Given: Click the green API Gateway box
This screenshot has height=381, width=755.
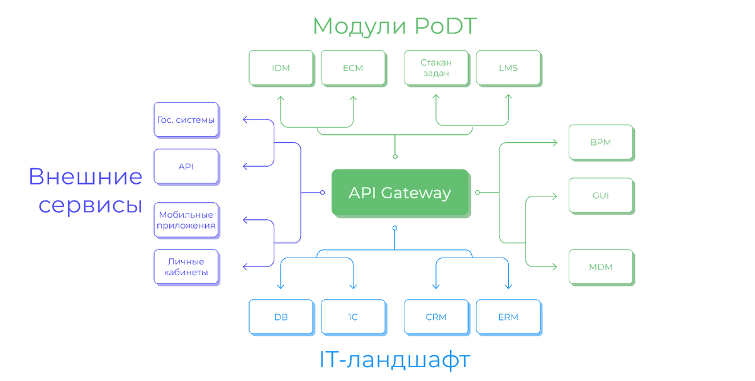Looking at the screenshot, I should (400, 192).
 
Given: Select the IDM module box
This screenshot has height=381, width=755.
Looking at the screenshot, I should (281, 68).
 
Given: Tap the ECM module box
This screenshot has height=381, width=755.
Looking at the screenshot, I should (353, 68).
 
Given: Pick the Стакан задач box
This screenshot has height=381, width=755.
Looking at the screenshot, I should (436, 68).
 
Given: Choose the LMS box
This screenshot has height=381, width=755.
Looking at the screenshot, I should (508, 68).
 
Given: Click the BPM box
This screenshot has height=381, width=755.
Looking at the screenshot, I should (601, 142).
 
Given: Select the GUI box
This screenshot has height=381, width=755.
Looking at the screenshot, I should (601, 195).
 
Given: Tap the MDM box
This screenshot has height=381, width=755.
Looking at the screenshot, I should (601, 267).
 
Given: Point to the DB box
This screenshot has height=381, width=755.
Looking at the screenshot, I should (281, 317).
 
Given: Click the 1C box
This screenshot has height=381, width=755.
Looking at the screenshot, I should (353, 317).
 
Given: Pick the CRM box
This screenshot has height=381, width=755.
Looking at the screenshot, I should (436, 317).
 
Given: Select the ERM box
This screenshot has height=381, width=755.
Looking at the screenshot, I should (508, 317).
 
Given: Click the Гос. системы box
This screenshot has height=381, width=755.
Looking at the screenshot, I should (186, 120).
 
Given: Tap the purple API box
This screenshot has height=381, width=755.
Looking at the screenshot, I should (186, 166).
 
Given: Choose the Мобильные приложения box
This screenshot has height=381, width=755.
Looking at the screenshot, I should (186, 220).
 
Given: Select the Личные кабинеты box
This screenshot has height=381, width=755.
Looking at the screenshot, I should (186, 267).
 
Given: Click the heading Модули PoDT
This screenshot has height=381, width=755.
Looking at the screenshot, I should (394, 26).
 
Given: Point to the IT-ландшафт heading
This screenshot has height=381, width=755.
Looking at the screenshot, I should (394, 360).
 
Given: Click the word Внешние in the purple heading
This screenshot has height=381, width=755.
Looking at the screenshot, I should (86, 177).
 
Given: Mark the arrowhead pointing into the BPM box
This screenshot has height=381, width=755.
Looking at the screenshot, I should (554, 143).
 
